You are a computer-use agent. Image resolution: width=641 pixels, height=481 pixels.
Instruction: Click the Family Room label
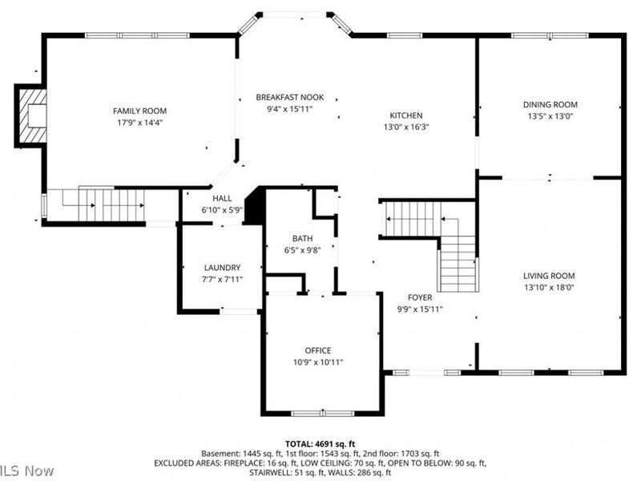coord(139,111)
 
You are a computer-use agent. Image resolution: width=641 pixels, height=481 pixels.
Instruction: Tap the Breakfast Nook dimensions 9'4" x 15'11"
coord(284,108)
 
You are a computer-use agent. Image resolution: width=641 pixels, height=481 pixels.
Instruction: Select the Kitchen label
coord(405,115)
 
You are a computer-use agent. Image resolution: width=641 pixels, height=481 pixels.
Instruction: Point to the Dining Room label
coord(550,104)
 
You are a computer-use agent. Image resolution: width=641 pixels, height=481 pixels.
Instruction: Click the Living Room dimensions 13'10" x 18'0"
coord(550,287)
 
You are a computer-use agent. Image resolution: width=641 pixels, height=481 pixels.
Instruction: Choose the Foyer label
coord(420,297)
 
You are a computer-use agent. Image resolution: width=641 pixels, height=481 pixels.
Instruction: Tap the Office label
coord(317,350)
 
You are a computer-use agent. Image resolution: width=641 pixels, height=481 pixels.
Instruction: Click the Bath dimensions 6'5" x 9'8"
coord(302,250)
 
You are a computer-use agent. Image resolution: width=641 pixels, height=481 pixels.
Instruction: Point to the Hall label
coord(222,198)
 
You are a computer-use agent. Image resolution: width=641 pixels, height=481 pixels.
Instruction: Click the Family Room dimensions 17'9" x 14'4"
coord(139,123)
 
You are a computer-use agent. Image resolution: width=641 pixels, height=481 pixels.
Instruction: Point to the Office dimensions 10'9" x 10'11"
coord(317,362)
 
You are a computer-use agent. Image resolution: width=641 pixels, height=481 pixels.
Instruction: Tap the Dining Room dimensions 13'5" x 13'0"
coord(550,116)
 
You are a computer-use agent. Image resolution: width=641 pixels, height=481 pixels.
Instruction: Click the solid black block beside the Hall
coord(255,206)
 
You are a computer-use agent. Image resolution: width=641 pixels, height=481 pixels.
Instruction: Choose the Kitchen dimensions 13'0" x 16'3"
coord(405,127)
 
